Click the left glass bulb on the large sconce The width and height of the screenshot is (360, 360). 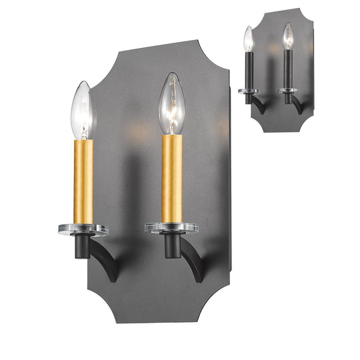click(x=83, y=109)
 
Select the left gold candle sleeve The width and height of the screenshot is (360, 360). click(x=83, y=181)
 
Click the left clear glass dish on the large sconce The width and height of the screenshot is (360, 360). click(x=83, y=229)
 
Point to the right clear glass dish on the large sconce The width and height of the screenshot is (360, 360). click(x=171, y=227)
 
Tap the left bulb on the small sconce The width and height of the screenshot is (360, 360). click(x=248, y=39)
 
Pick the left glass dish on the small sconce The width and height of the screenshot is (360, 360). click(x=249, y=91)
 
